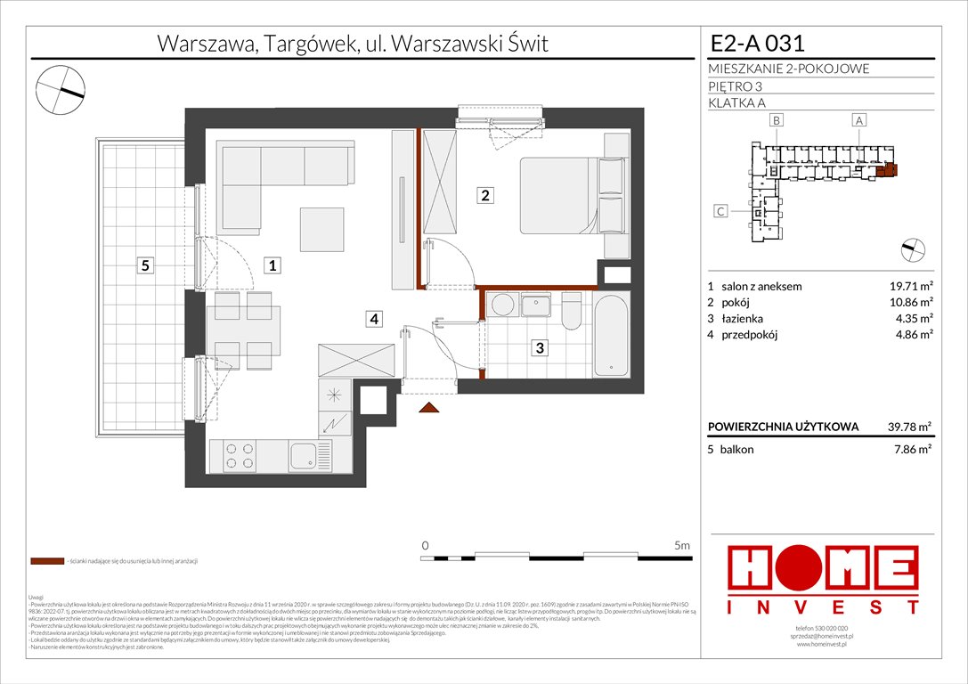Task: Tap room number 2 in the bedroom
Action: coord(484,197)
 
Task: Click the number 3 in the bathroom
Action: coord(540,348)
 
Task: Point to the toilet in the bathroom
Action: coord(571,313)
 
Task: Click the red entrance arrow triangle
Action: coord(429,407)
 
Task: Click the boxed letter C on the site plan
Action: coord(720,212)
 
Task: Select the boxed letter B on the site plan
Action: coord(777,120)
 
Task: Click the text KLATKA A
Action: coord(737,102)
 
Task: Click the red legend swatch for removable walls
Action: coord(46,561)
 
